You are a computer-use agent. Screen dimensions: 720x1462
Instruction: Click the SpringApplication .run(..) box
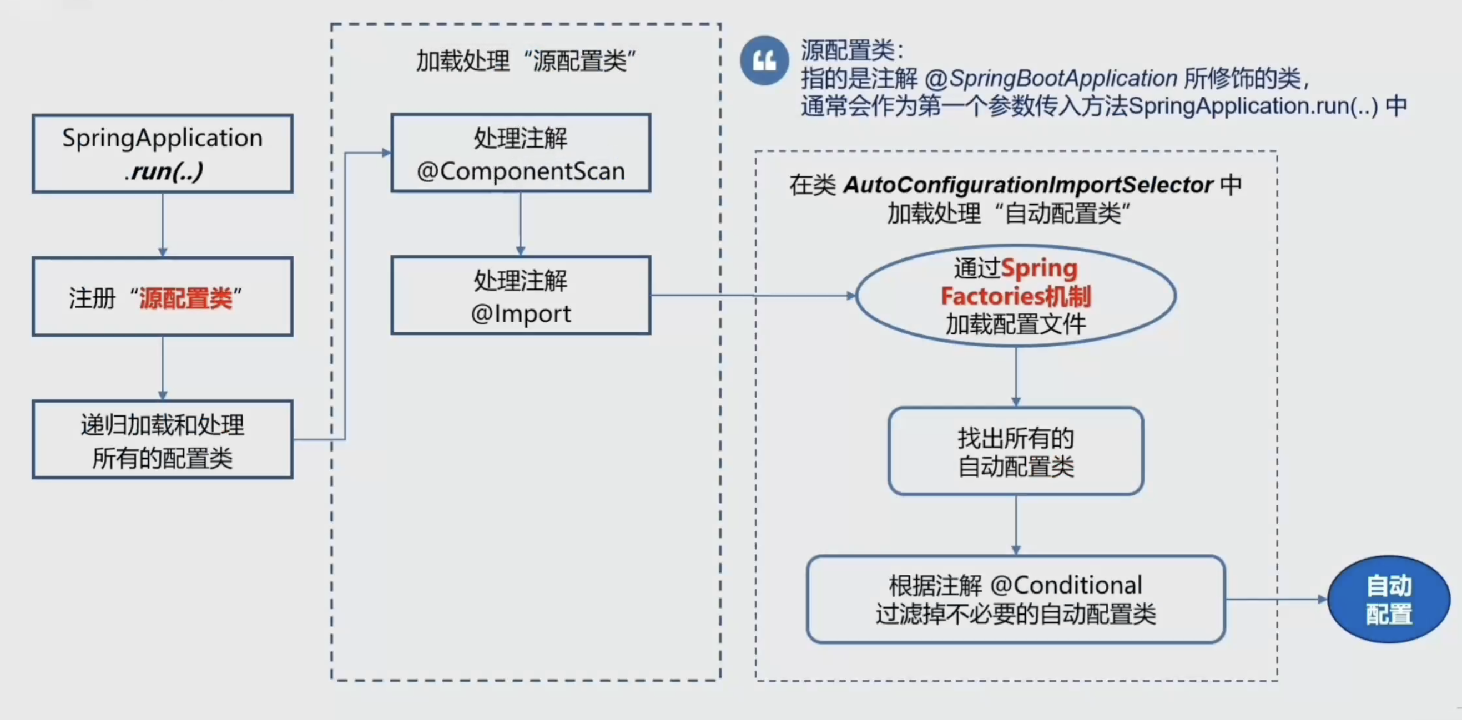pos(162,154)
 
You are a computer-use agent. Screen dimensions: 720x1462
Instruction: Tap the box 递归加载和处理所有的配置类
pos(162,440)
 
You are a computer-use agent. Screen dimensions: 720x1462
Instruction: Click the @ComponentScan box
pos(521,153)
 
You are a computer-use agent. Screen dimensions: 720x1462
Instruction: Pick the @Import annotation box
pos(521,296)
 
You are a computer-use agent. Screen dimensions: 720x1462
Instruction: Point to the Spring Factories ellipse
pos(1015,296)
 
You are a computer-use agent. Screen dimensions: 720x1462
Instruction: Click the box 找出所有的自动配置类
pos(1015,452)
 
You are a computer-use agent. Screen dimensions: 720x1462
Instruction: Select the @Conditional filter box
pos(1015,599)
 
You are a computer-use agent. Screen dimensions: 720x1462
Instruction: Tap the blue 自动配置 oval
pos(1388,599)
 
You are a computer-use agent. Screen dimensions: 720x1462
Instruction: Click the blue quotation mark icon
pos(764,60)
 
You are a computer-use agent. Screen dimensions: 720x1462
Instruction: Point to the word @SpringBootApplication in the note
pos(1051,78)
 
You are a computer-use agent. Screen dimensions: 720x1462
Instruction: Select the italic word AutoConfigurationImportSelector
pos(1028,185)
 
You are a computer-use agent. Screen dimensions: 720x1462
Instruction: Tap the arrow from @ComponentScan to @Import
pos(521,224)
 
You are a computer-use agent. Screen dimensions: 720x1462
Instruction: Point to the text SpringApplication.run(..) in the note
pos(1253,106)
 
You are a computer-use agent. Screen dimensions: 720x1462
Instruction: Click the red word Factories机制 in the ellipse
pos(1015,296)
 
